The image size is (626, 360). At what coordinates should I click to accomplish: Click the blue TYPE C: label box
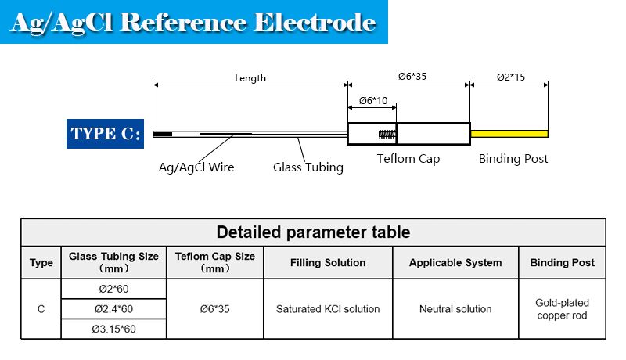coord(106,134)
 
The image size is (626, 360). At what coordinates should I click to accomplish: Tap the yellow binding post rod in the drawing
coord(509,134)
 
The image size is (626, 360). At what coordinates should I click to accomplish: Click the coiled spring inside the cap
coord(387,134)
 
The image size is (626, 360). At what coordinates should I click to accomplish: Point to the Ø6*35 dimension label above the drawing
coord(408,77)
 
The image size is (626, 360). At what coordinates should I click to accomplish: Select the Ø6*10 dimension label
coord(372,101)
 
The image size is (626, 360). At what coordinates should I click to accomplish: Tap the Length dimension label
coord(250,77)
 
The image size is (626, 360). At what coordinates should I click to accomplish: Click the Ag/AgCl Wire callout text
coord(196,167)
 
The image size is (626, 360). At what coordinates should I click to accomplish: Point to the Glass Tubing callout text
coord(308,167)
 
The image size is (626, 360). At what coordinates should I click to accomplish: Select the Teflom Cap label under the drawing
coord(408,159)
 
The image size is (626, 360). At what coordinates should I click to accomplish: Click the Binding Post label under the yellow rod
coord(513,159)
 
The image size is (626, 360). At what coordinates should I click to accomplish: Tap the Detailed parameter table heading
coord(313,232)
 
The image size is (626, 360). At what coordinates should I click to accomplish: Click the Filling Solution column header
coord(328,263)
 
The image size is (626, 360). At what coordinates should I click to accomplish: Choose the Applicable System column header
coord(455,263)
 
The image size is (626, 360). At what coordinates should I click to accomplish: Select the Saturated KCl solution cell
coord(328,309)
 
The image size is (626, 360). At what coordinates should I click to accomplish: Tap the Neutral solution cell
coord(455,309)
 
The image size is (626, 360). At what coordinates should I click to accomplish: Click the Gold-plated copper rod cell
coord(562,309)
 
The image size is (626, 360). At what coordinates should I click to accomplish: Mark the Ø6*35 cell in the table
coord(215,309)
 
